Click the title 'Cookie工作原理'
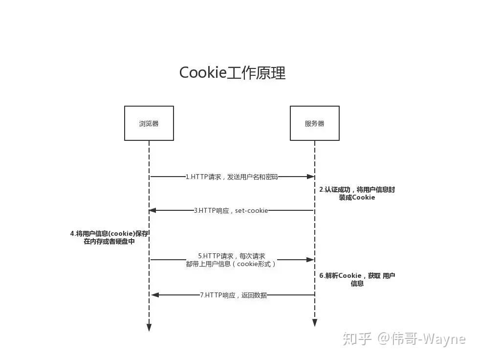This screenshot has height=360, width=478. pyautogui.click(x=232, y=73)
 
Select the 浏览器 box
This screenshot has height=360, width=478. pyautogui.click(x=149, y=123)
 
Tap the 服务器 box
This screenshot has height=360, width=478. pyautogui.click(x=315, y=123)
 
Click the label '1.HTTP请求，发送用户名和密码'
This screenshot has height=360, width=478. pyautogui.click(x=232, y=177)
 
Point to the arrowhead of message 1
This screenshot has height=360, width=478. pyautogui.click(x=311, y=177)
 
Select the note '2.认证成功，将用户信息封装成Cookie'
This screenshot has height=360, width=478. pyautogui.click(x=357, y=193)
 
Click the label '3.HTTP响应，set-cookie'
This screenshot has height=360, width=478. pyautogui.click(x=231, y=210)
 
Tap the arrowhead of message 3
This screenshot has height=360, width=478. pyautogui.click(x=152, y=210)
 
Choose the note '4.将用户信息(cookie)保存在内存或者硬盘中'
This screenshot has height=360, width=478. pyautogui.click(x=109, y=237)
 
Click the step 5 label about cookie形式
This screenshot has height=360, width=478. pyautogui.click(x=231, y=260)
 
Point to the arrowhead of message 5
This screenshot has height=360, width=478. pyautogui.click(x=310, y=260)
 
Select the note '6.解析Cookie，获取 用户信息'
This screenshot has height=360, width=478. pyautogui.click(x=357, y=279)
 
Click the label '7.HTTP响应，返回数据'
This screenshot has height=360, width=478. pyautogui.click(x=234, y=295)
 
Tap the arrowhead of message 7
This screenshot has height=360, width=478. pyautogui.click(x=155, y=295)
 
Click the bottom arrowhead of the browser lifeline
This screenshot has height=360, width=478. pyautogui.click(x=149, y=327)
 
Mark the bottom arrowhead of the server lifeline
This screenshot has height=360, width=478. pyautogui.click(x=315, y=323)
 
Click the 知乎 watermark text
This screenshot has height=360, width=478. pyautogui.click(x=357, y=338)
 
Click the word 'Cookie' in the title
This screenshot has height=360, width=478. pyautogui.click(x=203, y=73)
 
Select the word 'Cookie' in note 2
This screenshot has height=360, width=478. pyautogui.click(x=363, y=198)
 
